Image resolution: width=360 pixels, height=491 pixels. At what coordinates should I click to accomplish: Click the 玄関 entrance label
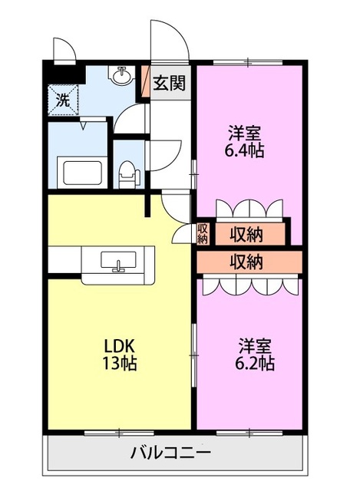point(169,83)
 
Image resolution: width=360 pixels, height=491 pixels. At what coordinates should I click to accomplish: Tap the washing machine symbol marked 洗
point(63,101)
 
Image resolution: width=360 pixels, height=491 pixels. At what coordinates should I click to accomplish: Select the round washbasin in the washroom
point(121,75)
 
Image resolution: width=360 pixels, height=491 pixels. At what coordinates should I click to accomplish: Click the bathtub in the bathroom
point(82,173)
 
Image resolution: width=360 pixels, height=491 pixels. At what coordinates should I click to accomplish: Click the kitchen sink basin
point(118,260)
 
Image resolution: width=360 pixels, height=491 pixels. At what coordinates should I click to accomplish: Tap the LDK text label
point(120,346)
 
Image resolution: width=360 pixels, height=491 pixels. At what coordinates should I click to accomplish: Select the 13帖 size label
point(120,363)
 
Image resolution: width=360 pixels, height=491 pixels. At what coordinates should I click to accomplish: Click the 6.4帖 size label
point(244,150)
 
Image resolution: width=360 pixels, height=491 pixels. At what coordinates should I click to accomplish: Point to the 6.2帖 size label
point(255,363)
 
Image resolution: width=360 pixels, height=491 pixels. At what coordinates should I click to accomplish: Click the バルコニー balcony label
point(170,453)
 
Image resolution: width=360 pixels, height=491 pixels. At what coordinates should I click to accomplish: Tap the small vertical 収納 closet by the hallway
point(203,233)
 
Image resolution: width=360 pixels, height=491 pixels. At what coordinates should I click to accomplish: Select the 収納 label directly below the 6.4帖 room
point(246,235)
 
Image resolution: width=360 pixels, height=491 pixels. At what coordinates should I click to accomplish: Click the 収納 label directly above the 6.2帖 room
point(246,262)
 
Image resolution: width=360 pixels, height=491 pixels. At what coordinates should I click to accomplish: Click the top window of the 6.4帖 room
point(248,63)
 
